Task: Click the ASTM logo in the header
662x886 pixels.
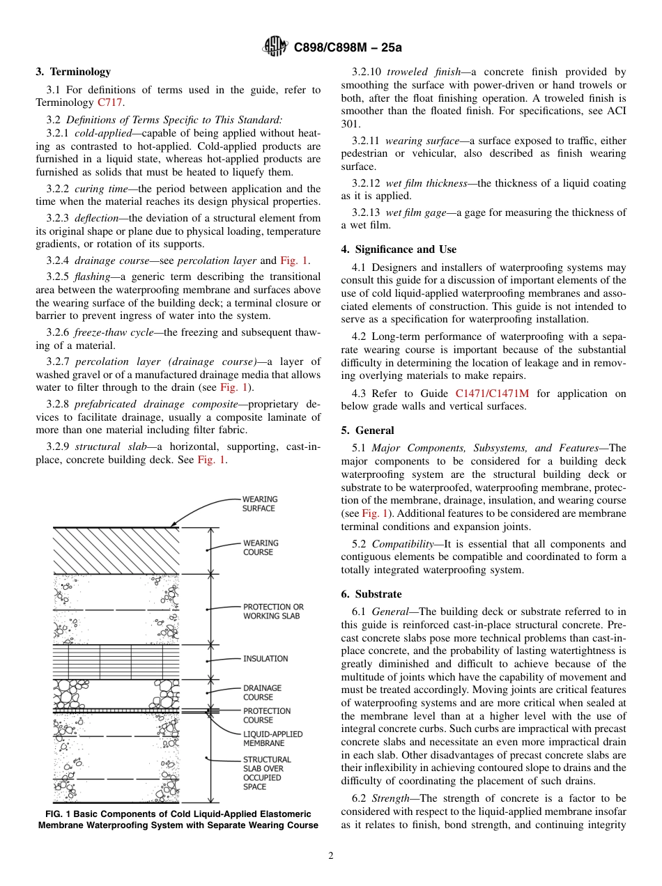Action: pyautogui.click(x=275, y=47)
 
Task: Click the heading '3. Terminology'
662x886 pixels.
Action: pyautogui.click(x=73, y=72)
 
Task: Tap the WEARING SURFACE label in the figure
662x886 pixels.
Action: pyautogui.click(x=259, y=504)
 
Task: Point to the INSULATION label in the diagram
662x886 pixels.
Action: pyautogui.click(x=265, y=658)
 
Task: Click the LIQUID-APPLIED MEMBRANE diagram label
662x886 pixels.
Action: pyautogui.click(x=272, y=738)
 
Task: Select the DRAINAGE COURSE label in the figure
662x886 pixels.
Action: pyautogui.click(x=262, y=692)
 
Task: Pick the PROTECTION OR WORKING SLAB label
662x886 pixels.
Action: pyautogui.click(x=273, y=612)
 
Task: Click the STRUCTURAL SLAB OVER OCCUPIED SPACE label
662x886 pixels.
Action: pyautogui.click(x=267, y=773)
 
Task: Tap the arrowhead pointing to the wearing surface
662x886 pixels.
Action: pyautogui.click(x=174, y=524)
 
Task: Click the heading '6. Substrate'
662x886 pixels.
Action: pyautogui.click(x=371, y=594)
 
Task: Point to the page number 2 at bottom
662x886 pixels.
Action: pyautogui.click(x=331, y=856)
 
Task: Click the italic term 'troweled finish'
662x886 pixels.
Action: pyautogui.click(x=422, y=72)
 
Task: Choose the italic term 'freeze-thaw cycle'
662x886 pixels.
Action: pyautogui.click(x=102, y=332)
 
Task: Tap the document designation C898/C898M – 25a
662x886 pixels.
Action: pyautogui.click(x=348, y=47)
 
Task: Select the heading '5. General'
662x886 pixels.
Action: pyautogui.click(x=367, y=430)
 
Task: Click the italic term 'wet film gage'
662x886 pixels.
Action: pyautogui.click(x=415, y=212)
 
